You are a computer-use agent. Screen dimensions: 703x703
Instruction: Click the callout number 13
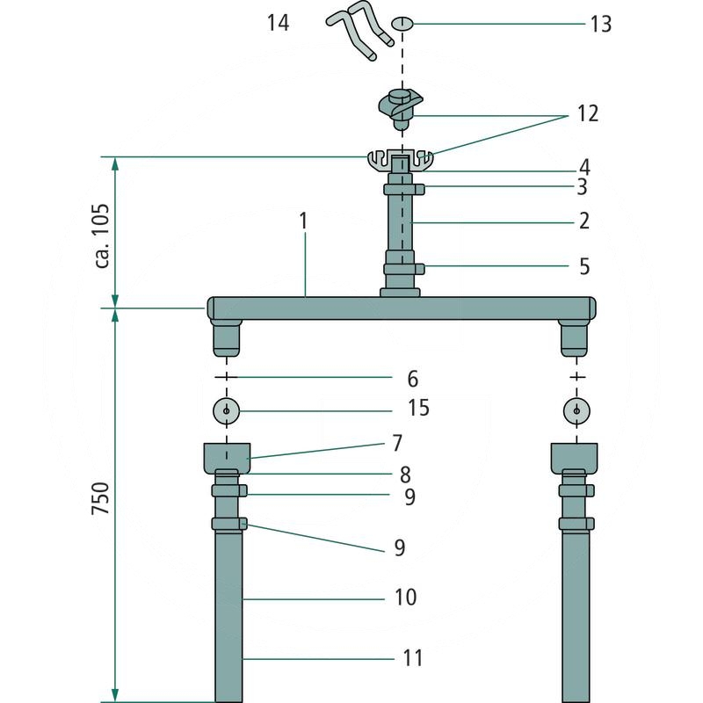[x=600, y=24]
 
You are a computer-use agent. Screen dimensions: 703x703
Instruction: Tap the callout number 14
[x=278, y=23]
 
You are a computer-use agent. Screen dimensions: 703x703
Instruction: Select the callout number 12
[x=588, y=113]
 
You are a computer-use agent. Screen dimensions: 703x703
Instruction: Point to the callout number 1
[x=303, y=221]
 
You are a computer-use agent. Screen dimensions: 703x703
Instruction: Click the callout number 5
[x=584, y=266]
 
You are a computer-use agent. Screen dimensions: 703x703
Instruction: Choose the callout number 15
[x=418, y=408]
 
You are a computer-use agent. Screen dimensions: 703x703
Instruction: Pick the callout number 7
[x=397, y=443]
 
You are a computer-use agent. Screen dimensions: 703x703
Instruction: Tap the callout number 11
[x=413, y=658]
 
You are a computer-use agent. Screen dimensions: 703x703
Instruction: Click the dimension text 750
[x=100, y=498]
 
